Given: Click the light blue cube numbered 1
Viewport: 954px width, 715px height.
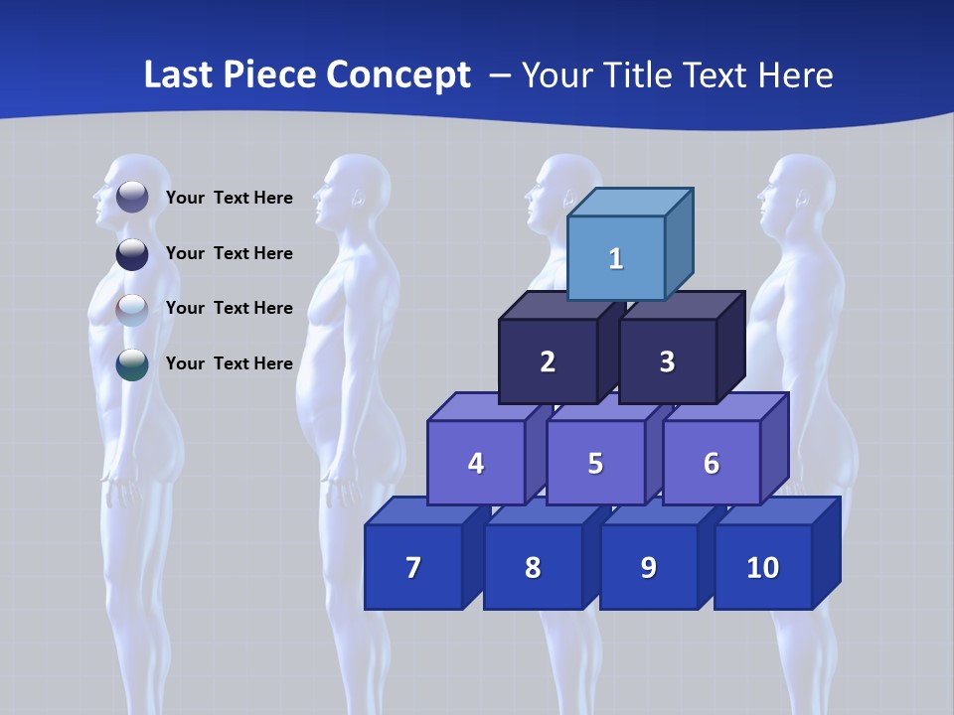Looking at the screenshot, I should pos(615,258).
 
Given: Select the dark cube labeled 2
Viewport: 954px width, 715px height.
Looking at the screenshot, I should pos(548,361).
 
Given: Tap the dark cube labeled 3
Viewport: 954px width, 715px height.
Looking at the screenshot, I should pos(667,361).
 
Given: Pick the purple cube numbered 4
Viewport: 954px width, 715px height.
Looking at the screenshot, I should pos(476,463).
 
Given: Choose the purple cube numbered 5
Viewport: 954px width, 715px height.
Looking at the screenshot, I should pos(595,463).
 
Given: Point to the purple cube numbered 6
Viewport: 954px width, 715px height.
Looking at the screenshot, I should pos(711,463).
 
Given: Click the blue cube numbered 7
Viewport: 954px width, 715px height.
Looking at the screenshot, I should pos(413,567).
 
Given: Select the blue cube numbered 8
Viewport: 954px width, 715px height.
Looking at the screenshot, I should pos(533,567).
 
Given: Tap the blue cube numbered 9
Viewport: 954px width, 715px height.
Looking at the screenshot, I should pos(648,567).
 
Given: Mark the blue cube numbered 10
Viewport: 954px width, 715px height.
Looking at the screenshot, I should pos(762,567).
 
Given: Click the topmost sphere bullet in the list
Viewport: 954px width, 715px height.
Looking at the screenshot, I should pos(132,197).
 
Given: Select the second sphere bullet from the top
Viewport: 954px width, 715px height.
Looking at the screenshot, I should pos(132,253).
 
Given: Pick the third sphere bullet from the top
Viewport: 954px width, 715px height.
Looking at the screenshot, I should pos(132,309).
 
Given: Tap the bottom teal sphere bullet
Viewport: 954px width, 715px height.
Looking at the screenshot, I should pos(132,364).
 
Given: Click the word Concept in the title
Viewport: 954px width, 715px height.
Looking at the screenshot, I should pos(398,75).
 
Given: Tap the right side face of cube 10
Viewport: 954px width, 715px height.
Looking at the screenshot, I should pos(826,552).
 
